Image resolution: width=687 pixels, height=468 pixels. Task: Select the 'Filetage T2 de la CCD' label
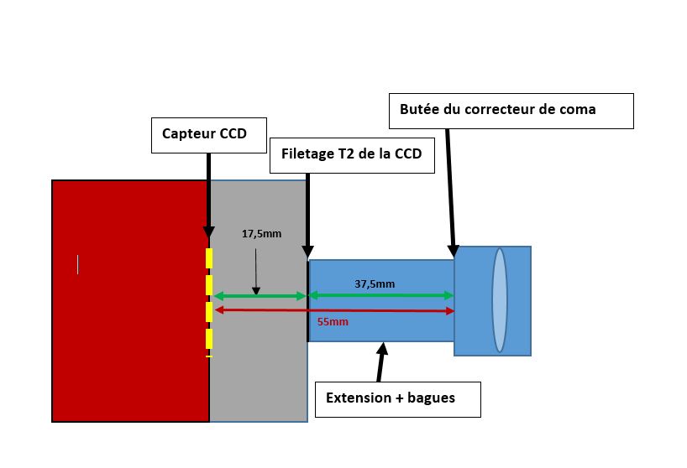pos(352,156)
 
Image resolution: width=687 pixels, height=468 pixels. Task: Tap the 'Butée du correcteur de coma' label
pos(511,111)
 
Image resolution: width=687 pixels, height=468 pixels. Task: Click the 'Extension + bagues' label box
pos(397,399)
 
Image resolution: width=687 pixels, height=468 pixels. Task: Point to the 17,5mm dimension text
pos(262,234)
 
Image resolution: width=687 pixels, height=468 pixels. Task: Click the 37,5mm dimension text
pos(375,283)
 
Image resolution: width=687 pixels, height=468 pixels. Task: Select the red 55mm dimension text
pos(333,321)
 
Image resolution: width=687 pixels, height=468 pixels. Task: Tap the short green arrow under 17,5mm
pos(260,295)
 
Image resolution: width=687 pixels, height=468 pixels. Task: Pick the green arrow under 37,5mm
pos(381,295)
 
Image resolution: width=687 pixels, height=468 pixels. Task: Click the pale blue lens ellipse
pos(500,299)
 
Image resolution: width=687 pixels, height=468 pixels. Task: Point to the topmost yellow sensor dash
pos(209,257)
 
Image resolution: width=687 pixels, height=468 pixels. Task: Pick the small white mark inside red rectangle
pos(78,264)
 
